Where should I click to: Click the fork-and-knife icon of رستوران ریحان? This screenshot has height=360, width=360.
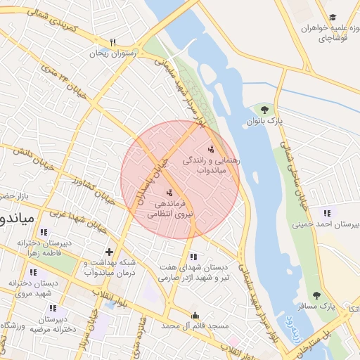[x=112, y=41]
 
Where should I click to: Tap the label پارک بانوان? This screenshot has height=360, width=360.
[x=264, y=121]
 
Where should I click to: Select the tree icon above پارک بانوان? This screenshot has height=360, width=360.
[x=264, y=110]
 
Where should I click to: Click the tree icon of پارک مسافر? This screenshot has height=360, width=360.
[x=316, y=295]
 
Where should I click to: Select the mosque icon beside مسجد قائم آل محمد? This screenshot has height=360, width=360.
[x=195, y=316]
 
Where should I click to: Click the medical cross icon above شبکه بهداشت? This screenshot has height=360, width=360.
[x=108, y=251]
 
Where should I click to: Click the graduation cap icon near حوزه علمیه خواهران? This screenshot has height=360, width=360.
[x=333, y=18]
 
